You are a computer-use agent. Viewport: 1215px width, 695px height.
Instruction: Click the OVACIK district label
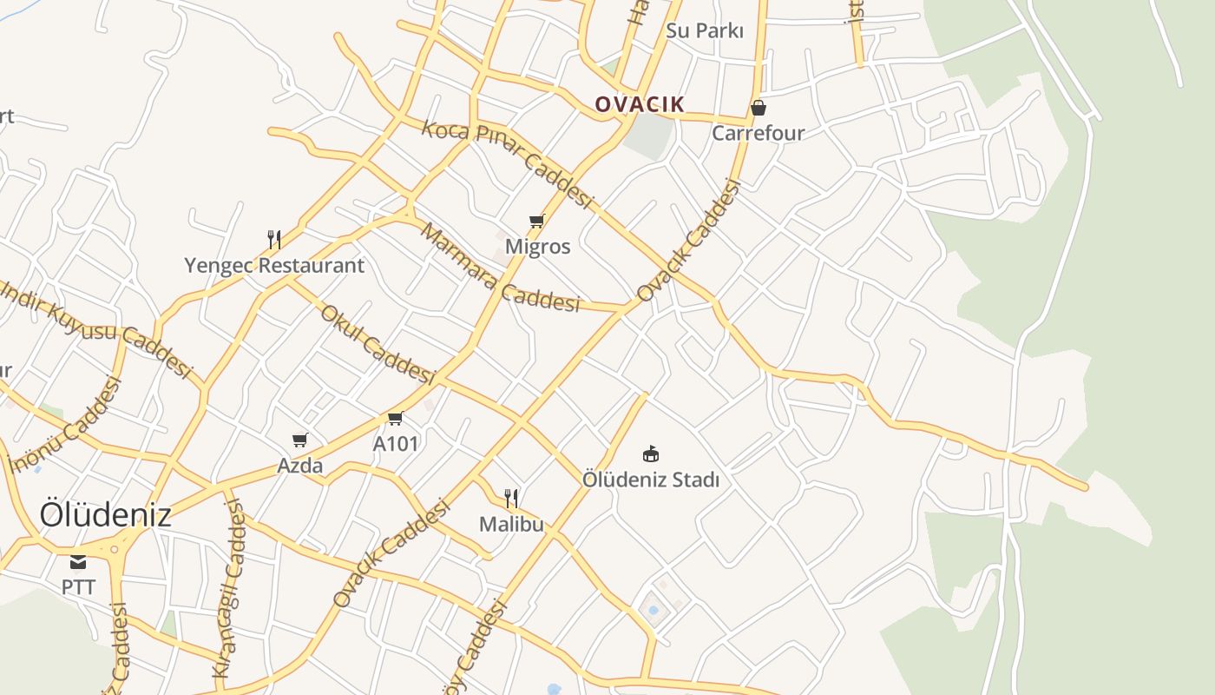click(x=640, y=105)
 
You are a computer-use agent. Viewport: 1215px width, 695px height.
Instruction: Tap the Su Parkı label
click(x=705, y=30)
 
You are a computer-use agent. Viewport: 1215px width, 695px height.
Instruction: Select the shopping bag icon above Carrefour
click(x=759, y=108)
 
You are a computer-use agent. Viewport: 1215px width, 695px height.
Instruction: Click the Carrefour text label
click(x=759, y=133)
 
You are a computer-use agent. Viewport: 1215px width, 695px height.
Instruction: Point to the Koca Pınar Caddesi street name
click(x=506, y=163)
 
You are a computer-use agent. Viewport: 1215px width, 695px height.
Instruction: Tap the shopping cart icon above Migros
click(x=537, y=222)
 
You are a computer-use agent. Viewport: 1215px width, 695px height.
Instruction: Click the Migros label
click(x=538, y=247)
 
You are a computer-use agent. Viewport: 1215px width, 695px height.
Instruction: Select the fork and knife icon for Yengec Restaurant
click(x=274, y=240)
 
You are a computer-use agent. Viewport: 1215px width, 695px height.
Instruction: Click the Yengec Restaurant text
click(x=274, y=266)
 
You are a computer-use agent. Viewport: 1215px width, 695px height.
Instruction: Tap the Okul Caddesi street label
click(x=378, y=344)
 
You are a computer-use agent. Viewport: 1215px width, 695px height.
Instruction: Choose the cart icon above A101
click(x=396, y=419)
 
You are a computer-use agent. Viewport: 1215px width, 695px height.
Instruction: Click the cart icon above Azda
click(x=300, y=440)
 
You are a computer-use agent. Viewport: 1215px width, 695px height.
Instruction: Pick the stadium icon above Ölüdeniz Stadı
click(x=651, y=453)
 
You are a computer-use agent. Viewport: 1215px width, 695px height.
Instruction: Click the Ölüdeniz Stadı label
click(x=651, y=480)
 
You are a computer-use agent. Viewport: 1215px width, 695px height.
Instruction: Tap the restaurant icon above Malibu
click(x=512, y=498)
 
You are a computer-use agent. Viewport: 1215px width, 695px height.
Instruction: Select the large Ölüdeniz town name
click(x=105, y=515)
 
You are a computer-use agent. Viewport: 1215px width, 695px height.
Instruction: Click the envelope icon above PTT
click(x=78, y=562)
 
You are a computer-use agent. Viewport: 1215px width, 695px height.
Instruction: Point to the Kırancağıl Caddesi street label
click(x=229, y=590)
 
